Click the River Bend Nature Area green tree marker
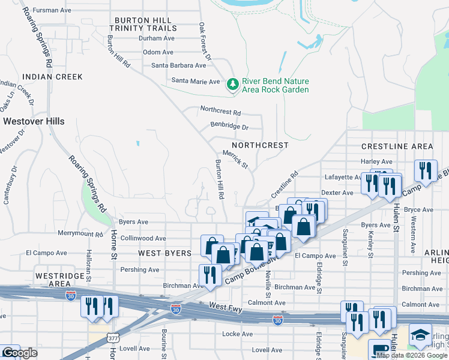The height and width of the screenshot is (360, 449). (232, 85)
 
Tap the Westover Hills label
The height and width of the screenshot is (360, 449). (34, 121)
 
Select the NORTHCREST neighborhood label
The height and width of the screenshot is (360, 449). (260, 146)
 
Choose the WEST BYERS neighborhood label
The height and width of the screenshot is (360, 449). (157, 253)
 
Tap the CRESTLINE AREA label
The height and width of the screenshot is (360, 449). (397, 147)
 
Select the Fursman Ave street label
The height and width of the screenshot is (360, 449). (52, 10)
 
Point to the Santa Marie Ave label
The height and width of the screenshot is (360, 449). (196, 81)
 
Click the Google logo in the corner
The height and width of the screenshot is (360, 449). (19, 353)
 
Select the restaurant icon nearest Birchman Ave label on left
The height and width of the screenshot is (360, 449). (208, 275)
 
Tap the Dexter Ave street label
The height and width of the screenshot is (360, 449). (337, 193)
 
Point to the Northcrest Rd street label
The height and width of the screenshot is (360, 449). (220, 112)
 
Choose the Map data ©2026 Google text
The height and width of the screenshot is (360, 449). (412, 355)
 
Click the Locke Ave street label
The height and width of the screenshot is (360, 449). (238, 334)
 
